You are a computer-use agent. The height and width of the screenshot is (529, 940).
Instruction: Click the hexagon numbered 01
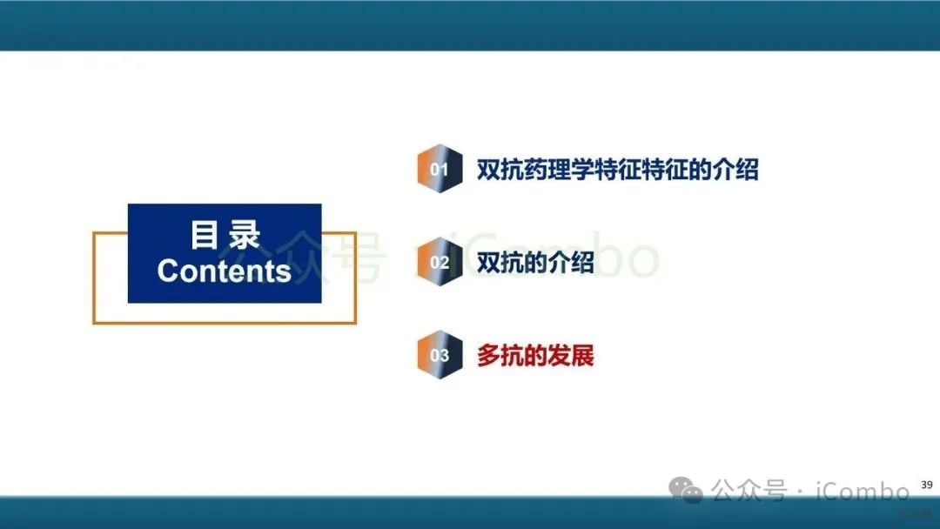pos(439,169)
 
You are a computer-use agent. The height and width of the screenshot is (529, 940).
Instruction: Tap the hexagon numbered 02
pos(439,262)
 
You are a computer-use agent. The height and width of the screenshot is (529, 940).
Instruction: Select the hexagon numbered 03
pos(439,355)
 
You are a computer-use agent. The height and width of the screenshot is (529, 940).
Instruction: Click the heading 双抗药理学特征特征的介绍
pos(617,170)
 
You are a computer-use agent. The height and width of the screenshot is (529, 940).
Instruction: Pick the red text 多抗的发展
pos(535,355)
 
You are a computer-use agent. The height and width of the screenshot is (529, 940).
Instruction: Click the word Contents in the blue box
pos(225,271)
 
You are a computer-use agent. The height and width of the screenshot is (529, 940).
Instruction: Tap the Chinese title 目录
pos(225,235)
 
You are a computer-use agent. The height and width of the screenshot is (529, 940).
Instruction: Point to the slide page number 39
pos(926,485)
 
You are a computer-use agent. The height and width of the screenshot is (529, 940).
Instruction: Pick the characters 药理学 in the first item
pos(558,170)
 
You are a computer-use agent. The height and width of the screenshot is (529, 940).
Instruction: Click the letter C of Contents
pos(167,271)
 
